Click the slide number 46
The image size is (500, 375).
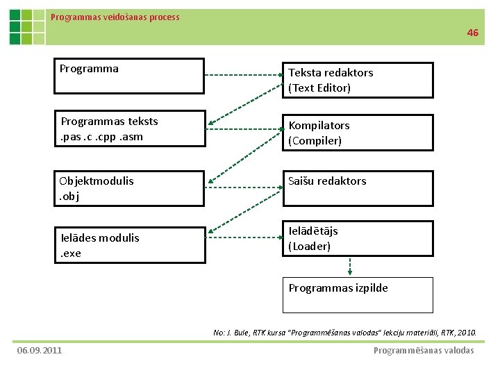click(473, 33)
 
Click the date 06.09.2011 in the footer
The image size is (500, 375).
click(40, 350)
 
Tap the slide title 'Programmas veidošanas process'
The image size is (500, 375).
click(115, 17)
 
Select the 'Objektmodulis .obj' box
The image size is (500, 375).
click(130, 189)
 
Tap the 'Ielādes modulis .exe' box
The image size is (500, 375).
click(130, 245)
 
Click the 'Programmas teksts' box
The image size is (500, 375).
click(130, 128)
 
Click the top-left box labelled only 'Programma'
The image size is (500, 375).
click(130, 75)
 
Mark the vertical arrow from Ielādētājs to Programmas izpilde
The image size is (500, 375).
click(349, 267)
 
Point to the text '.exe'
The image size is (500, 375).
click(71, 253)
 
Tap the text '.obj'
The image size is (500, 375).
click(69, 197)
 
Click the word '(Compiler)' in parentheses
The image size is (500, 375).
click(315, 141)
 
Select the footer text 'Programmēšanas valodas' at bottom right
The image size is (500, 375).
click(424, 350)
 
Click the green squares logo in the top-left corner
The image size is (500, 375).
click(27, 27)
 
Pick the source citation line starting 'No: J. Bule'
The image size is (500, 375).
click(344, 333)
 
